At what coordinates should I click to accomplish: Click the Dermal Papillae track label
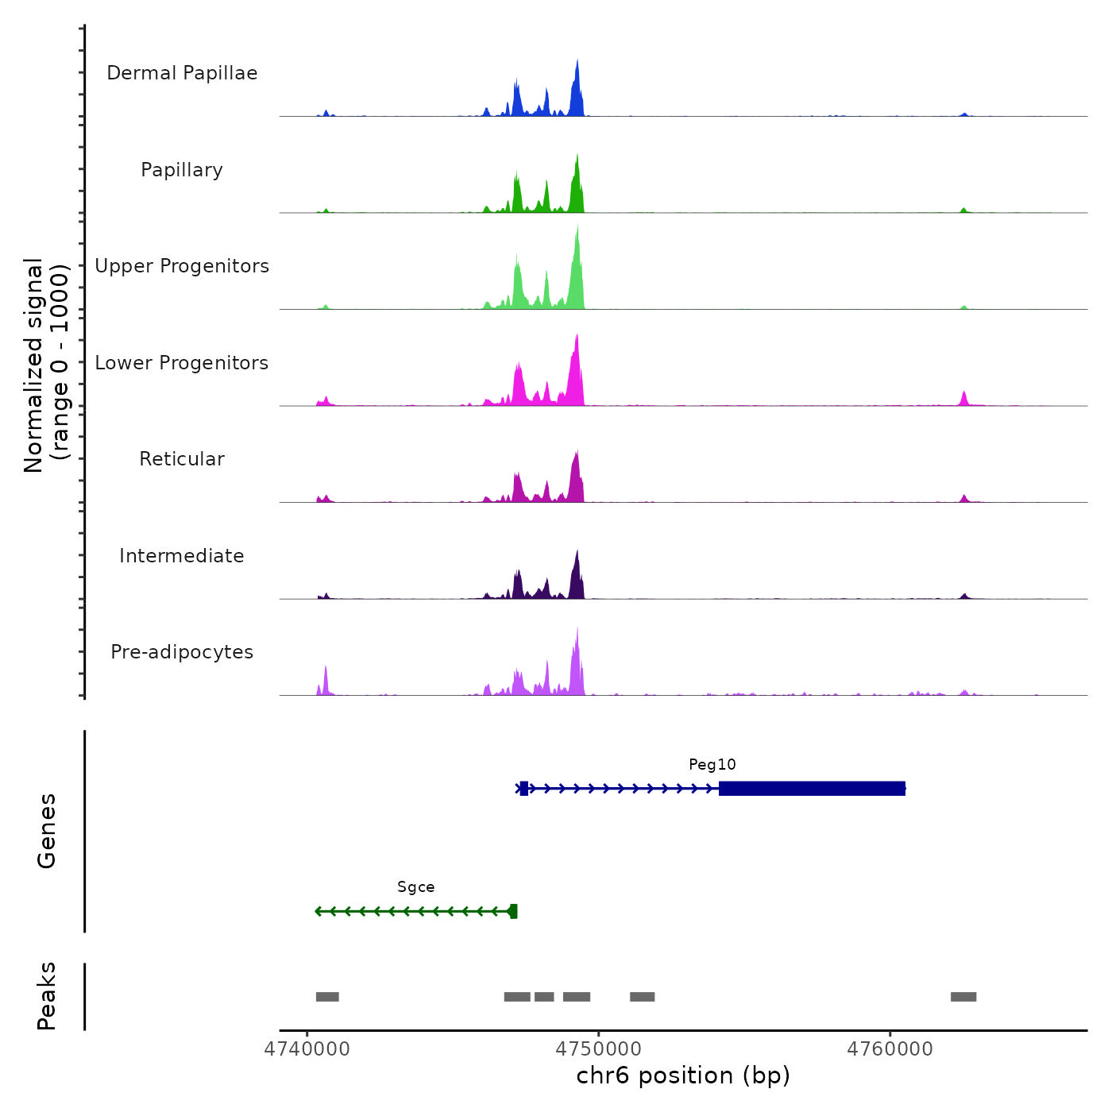pyautogui.click(x=182, y=73)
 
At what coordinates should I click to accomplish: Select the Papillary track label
pyautogui.click(x=182, y=170)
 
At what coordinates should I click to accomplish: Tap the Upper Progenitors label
pyautogui.click(x=182, y=266)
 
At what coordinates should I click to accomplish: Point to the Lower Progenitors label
pyautogui.click(x=182, y=363)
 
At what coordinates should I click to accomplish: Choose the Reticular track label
pyautogui.click(x=182, y=459)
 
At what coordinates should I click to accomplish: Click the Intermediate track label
pyautogui.click(x=182, y=556)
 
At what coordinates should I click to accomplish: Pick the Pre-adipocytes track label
pyautogui.click(x=182, y=652)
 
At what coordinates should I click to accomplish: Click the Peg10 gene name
pyautogui.click(x=712, y=765)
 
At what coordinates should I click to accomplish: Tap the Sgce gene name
pyautogui.click(x=415, y=887)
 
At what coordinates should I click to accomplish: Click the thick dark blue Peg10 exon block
pyautogui.click(x=812, y=789)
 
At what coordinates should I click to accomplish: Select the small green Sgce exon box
pyautogui.click(x=514, y=911)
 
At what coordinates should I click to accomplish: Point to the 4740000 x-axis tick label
pyautogui.click(x=307, y=1049)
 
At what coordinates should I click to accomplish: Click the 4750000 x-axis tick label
pyautogui.click(x=599, y=1049)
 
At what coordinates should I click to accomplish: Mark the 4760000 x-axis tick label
pyautogui.click(x=890, y=1049)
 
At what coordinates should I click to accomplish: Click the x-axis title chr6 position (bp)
pyautogui.click(x=683, y=1075)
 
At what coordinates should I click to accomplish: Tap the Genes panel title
pyautogui.click(x=47, y=831)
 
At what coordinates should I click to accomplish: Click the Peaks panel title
pyautogui.click(x=47, y=996)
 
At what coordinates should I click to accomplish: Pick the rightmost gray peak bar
pyautogui.click(x=963, y=997)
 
